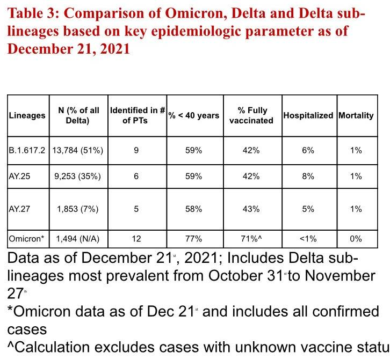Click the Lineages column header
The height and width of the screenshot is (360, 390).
tap(27, 116)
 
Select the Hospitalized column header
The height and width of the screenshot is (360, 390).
tap(308, 116)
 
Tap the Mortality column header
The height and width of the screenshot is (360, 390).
tap(356, 116)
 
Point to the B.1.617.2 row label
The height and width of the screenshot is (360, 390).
tap(28, 151)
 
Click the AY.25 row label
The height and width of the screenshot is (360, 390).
tap(19, 176)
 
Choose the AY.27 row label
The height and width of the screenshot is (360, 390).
tap(19, 209)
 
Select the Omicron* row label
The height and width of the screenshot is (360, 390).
tap(26, 239)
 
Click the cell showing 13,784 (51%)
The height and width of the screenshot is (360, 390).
tap(78, 151)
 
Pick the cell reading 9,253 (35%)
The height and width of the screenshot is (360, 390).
tap(78, 176)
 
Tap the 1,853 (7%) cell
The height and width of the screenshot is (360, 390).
tap(78, 209)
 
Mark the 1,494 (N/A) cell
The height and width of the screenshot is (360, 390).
tap(78, 239)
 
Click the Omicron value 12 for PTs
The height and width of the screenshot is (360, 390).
tap(136, 239)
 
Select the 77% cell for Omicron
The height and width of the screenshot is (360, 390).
tap(193, 239)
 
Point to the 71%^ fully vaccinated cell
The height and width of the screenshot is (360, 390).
tap(251, 239)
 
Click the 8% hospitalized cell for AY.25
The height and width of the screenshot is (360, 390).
tap(308, 176)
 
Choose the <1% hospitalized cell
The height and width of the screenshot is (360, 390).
tap(308, 239)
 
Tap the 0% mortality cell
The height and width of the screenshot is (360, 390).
tap(356, 239)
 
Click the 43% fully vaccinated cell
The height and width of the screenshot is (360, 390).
tap(251, 209)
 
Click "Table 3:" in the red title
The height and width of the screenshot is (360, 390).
tap(35, 13)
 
